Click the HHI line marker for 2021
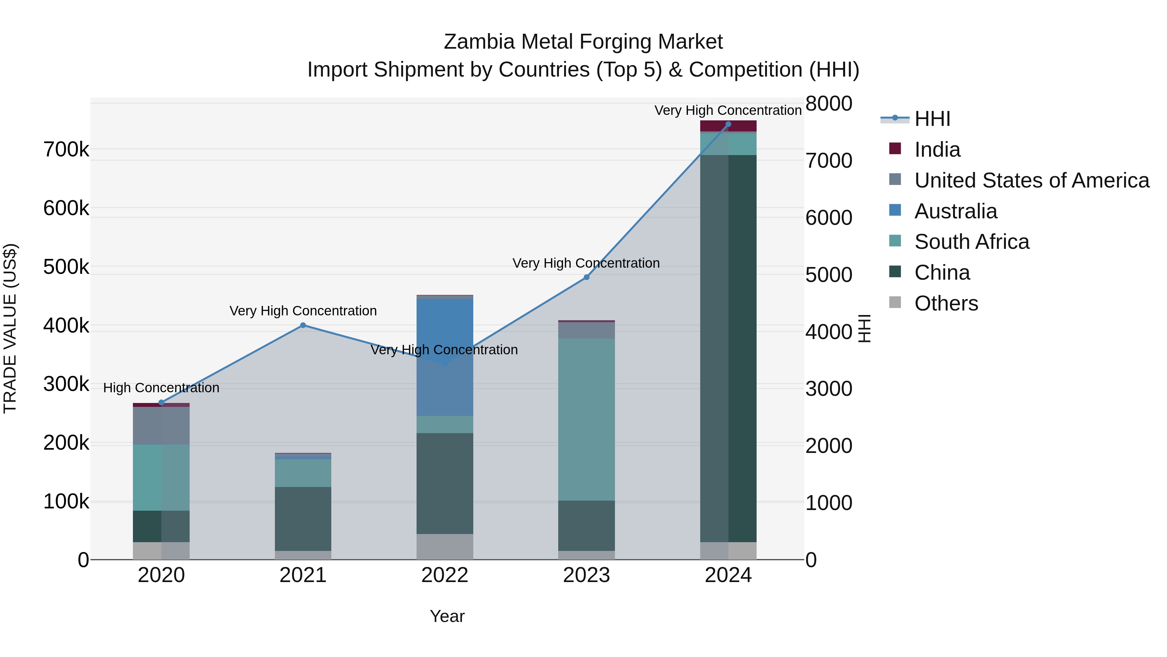tap(303, 325)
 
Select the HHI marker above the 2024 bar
tap(728, 124)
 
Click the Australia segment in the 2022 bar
tap(444, 354)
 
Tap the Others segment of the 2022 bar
tap(444, 546)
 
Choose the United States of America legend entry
tap(1031, 180)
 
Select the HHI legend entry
tap(932, 119)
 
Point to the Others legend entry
tap(946, 303)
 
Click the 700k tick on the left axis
tap(66, 149)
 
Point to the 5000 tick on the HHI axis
tap(828, 275)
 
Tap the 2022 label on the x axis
tap(444, 575)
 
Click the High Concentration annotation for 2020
tap(161, 388)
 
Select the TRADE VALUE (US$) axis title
tap(10, 328)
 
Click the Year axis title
tap(447, 616)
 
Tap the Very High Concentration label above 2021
tap(303, 311)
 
